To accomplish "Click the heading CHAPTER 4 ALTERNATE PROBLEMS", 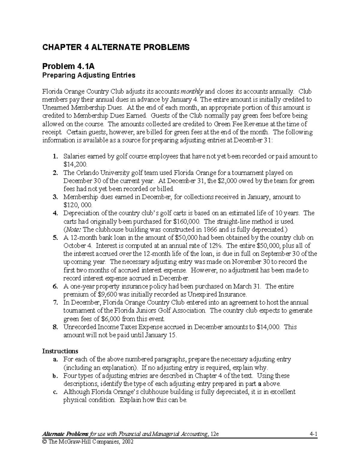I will coord(116,47).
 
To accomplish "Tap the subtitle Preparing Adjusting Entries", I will coord(88,75).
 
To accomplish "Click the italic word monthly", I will coord(192,92).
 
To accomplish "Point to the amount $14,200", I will coord(75,164).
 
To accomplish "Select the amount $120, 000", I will coord(78,205).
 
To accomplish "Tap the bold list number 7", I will coord(55,302).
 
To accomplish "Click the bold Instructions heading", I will coord(60,351).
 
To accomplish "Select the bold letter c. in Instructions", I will coord(55,392).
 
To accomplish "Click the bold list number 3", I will coord(55,197).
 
